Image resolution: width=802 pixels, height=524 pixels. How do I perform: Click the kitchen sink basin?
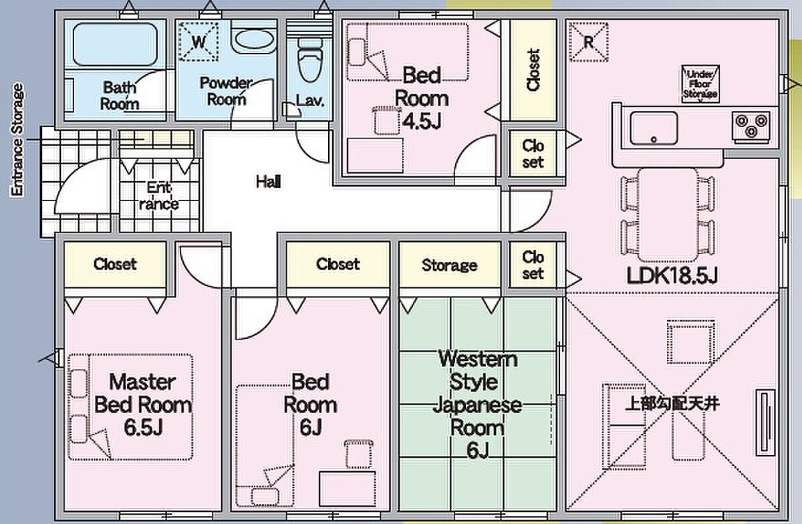tap(653, 127)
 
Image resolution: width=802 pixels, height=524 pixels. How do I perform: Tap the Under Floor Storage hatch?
tap(700, 85)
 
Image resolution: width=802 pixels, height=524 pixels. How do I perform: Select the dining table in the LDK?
tap(666, 214)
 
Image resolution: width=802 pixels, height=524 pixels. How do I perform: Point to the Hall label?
tap(268, 181)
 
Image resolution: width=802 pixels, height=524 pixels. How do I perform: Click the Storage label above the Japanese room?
tap(449, 265)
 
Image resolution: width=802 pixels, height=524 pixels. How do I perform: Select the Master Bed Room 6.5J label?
tap(142, 404)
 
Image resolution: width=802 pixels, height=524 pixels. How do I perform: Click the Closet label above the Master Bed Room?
tap(115, 264)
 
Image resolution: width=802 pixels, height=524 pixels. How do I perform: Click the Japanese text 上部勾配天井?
tap(672, 404)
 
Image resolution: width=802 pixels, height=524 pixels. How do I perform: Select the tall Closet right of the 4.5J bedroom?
tap(533, 70)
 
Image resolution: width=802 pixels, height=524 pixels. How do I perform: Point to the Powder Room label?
tap(226, 92)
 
